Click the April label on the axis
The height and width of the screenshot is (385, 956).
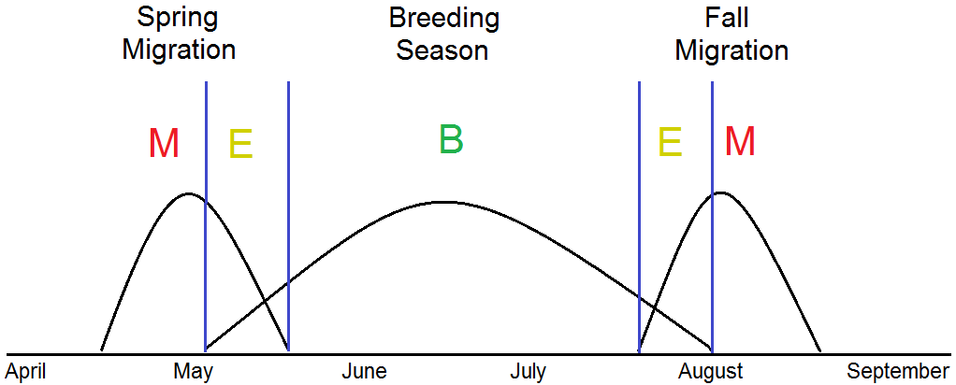[26, 372]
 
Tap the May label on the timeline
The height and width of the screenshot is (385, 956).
[194, 372]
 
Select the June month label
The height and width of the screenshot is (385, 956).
[364, 372]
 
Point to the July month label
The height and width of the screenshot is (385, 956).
[528, 372]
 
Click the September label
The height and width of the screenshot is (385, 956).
[898, 372]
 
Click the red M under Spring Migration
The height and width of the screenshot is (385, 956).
[164, 143]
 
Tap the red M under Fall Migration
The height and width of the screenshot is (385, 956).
[740, 141]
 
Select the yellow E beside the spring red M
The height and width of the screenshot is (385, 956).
[240, 144]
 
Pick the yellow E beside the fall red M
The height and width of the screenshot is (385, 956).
[670, 142]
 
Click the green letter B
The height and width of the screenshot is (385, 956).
[451, 139]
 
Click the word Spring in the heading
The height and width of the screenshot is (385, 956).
[179, 18]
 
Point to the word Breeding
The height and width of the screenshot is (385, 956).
[443, 18]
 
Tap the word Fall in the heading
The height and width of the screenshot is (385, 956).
[727, 18]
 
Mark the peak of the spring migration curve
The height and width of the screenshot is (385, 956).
[188, 193]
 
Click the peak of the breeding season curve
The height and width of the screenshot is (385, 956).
[445, 201]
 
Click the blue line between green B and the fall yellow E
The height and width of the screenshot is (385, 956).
[639, 215]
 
